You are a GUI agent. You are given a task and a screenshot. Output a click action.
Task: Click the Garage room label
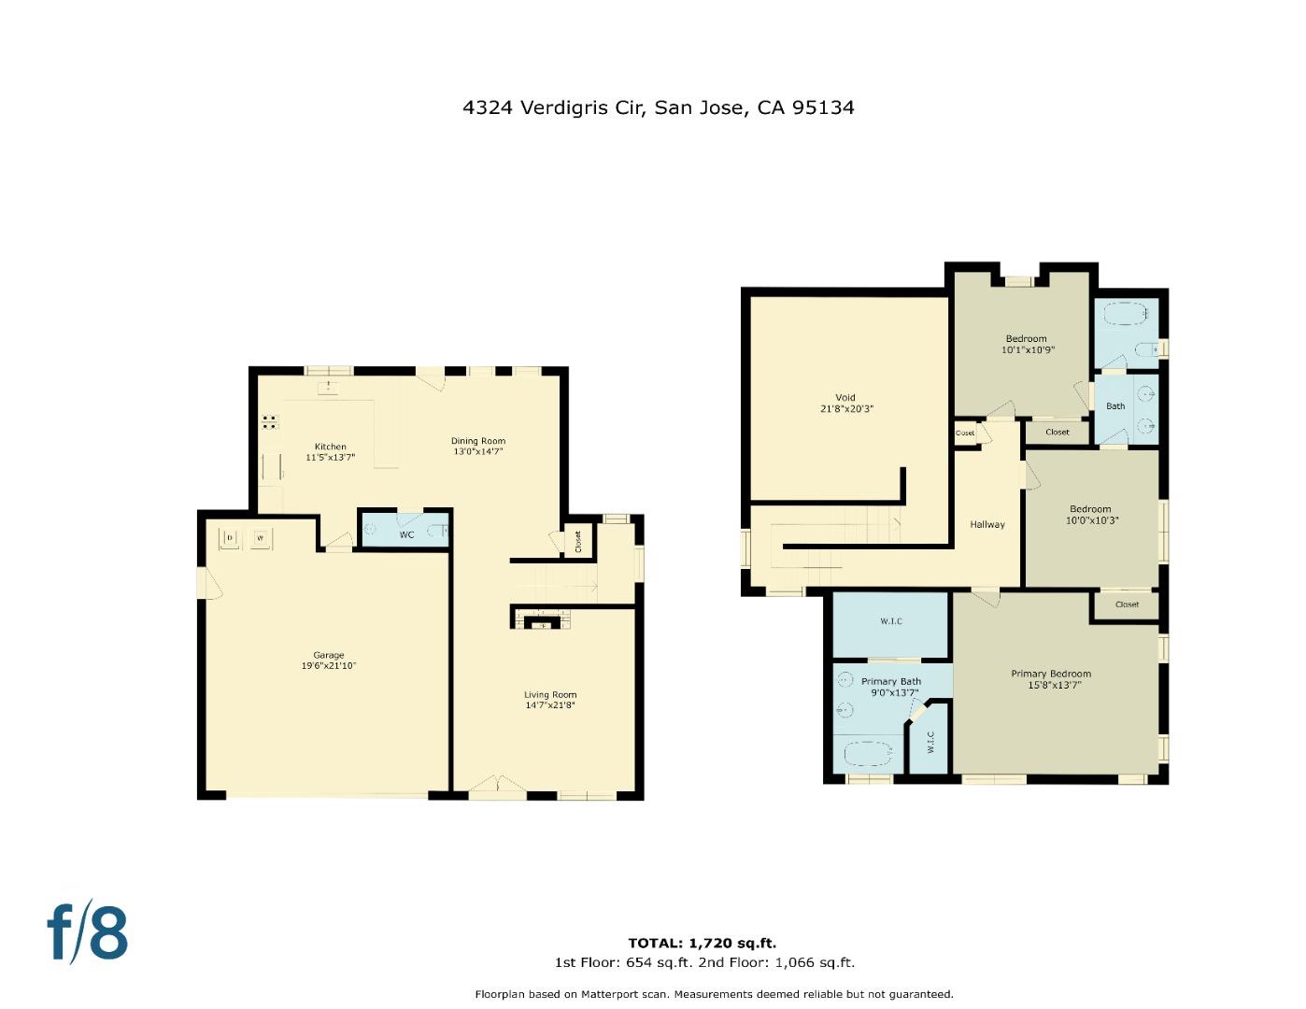[329, 655]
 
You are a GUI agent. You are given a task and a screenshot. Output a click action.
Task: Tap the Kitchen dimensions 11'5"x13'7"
[330, 458]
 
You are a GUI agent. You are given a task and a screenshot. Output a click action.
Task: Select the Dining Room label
[478, 441]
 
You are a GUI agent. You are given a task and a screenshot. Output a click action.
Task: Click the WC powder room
[406, 534]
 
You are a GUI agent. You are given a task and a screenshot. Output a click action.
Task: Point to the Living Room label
[550, 694]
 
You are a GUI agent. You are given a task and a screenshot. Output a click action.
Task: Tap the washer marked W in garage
[262, 538]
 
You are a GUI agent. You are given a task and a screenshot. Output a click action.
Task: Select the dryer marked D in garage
[230, 538]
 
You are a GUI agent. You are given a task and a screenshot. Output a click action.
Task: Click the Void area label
[845, 398]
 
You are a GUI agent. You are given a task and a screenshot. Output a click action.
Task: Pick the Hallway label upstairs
[987, 524]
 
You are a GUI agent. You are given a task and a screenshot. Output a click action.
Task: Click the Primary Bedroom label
[1051, 674]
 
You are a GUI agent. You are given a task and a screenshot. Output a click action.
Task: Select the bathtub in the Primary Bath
[870, 751]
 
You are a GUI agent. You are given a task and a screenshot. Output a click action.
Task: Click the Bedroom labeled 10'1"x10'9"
[1026, 349]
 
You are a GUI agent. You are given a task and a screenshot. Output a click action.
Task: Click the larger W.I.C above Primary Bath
[891, 621]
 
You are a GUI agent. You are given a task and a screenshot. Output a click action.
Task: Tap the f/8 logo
[88, 931]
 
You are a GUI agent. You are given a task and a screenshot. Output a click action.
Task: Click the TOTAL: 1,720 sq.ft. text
[702, 943]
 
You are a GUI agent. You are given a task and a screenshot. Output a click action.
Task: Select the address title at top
[658, 107]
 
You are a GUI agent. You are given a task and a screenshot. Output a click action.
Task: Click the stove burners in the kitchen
[269, 421]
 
